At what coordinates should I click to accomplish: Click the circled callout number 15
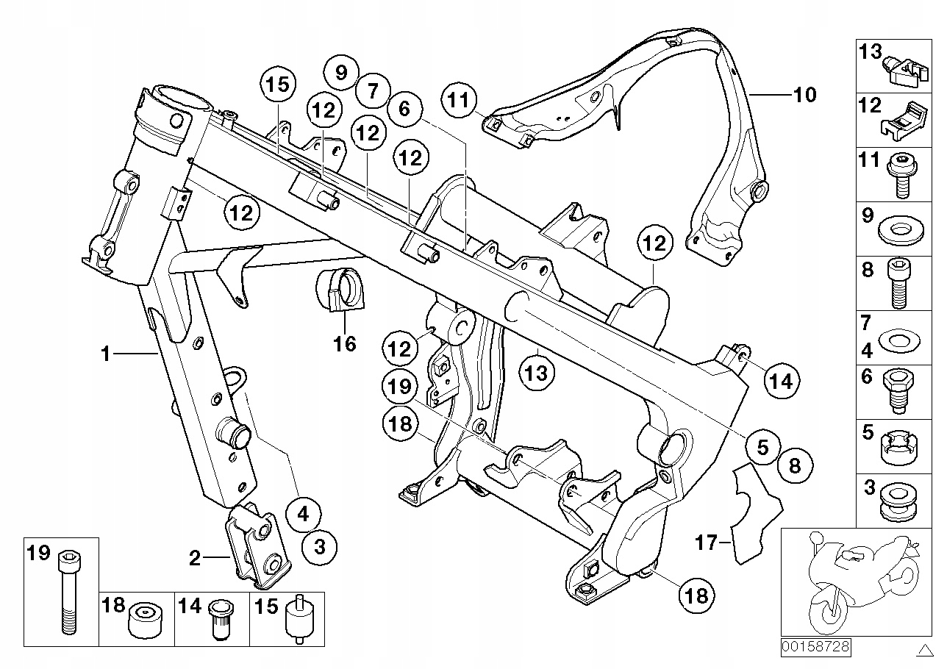pyautogui.click(x=278, y=84)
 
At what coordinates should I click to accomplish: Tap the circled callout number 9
pyautogui.click(x=341, y=72)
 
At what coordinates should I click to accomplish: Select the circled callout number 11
pyautogui.click(x=459, y=100)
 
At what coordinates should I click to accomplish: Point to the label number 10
pyautogui.click(x=805, y=95)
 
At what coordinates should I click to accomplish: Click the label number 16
pyautogui.click(x=345, y=343)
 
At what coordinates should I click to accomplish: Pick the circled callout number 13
pyautogui.click(x=537, y=373)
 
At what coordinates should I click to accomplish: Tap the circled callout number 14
pyautogui.click(x=782, y=382)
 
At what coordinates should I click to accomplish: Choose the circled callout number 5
pyautogui.click(x=762, y=447)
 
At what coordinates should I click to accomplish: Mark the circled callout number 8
pyautogui.click(x=795, y=466)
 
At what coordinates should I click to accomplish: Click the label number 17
pyautogui.click(x=706, y=543)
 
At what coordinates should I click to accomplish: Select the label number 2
pyautogui.click(x=194, y=558)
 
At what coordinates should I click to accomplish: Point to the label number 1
pyautogui.click(x=106, y=354)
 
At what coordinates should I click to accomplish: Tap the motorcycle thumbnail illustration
pyautogui.click(x=857, y=582)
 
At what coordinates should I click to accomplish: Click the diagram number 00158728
pyautogui.click(x=815, y=647)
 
